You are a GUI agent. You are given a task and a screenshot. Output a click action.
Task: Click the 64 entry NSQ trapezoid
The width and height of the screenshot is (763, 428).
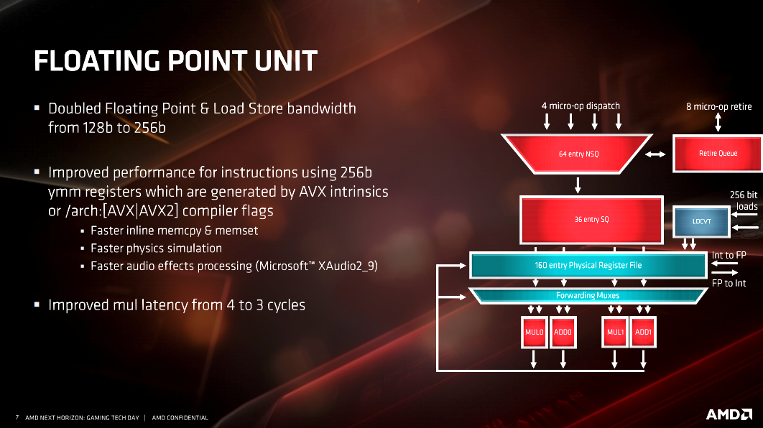coord(577,154)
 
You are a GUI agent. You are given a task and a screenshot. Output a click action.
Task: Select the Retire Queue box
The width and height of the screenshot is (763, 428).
coord(718,153)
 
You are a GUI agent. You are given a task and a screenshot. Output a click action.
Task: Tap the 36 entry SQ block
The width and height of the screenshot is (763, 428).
coord(591,219)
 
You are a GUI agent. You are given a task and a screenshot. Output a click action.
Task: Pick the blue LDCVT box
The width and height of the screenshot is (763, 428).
coord(702,221)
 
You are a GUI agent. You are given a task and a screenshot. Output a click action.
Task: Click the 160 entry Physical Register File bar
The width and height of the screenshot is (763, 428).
coord(588,265)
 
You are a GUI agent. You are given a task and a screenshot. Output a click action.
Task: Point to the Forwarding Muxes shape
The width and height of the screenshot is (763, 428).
coord(588,296)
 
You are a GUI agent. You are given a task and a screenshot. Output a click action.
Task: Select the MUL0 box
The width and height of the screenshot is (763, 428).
coord(535,332)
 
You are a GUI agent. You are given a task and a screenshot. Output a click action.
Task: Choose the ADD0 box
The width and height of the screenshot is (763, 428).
coord(563,332)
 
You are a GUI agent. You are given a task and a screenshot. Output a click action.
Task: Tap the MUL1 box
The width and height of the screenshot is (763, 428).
coord(615,332)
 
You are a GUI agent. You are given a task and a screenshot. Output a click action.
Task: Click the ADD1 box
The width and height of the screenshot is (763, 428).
coord(643,332)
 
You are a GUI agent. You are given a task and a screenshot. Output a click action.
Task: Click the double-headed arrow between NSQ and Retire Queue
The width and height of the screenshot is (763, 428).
coord(655,154)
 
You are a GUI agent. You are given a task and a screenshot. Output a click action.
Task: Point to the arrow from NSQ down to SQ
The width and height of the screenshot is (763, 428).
coord(578,185)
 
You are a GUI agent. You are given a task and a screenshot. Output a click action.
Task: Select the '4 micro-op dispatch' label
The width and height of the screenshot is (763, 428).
coord(581,106)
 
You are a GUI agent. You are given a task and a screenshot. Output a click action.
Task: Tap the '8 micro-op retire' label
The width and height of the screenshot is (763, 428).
coord(718,106)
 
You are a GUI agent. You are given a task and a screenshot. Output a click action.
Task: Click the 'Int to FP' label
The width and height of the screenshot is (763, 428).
coord(729,255)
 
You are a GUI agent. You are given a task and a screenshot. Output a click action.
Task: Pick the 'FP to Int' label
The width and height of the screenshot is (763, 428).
coord(729,283)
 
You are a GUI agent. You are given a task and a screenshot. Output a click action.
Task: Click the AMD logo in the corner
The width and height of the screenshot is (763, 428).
coord(729,414)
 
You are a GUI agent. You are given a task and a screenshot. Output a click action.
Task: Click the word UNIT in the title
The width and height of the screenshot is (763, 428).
coord(286,61)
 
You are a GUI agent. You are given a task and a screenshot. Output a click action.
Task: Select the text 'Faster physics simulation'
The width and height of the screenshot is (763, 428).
coord(156,248)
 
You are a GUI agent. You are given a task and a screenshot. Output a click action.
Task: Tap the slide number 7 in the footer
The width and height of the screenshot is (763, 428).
coord(17,417)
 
